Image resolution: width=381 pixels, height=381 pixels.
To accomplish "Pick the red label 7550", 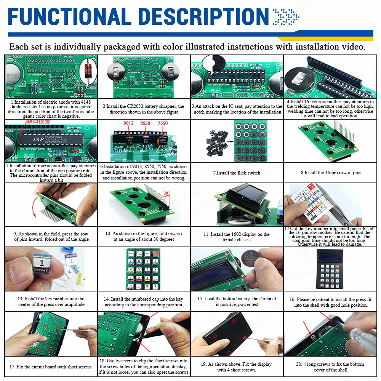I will click(x=163, y=123).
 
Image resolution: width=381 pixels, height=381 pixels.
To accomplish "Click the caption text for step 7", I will click(x=237, y=173).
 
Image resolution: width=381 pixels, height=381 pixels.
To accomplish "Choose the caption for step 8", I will click(x=331, y=173).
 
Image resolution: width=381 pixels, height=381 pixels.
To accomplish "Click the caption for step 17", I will click(x=51, y=367).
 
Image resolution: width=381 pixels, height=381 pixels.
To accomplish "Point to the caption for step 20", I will click(x=330, y=367).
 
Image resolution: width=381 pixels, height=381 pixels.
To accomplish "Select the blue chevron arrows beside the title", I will click(x=286, y=16).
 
